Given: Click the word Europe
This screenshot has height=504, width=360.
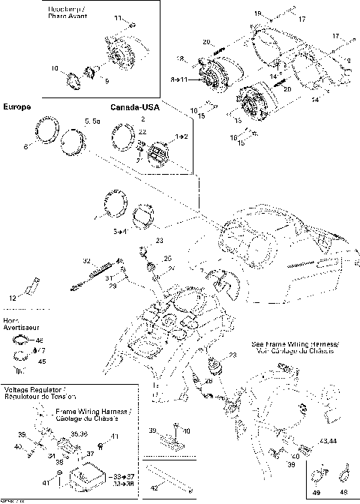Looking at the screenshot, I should [x=17, y=108].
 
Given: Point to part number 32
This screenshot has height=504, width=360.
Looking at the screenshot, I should [x=86, y=260].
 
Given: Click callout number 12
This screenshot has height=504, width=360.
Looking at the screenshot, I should [x=12, y=298].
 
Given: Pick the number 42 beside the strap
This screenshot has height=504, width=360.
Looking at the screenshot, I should [x=155, y=487].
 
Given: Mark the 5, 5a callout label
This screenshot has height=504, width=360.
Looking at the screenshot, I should [x=92, y=120].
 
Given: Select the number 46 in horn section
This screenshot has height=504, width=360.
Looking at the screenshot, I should [x=40, y=340].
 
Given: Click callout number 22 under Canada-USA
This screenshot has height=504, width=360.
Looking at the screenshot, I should [x=142, y=131].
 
